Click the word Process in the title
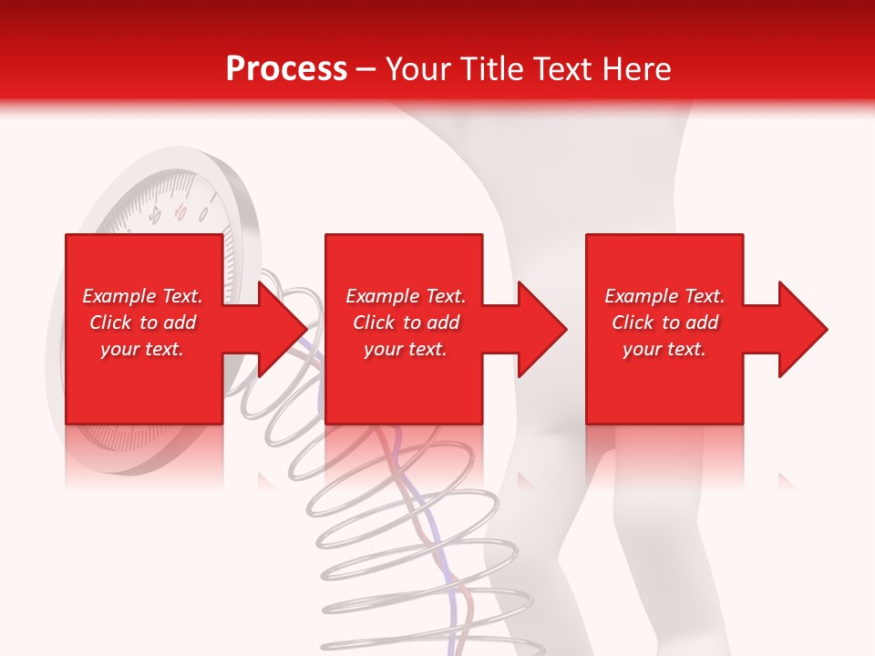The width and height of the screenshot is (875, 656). (286, 69)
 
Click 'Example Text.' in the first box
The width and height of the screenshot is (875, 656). (142, 296)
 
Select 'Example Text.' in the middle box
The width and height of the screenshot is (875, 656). (406, 296)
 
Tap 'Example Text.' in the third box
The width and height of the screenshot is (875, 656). (664, 296)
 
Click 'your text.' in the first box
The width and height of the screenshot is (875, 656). (142, 349)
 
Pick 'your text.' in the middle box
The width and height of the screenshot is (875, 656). (406, 349)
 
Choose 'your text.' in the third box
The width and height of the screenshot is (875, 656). (664, 349)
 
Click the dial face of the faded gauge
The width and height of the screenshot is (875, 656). (164, 210)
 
